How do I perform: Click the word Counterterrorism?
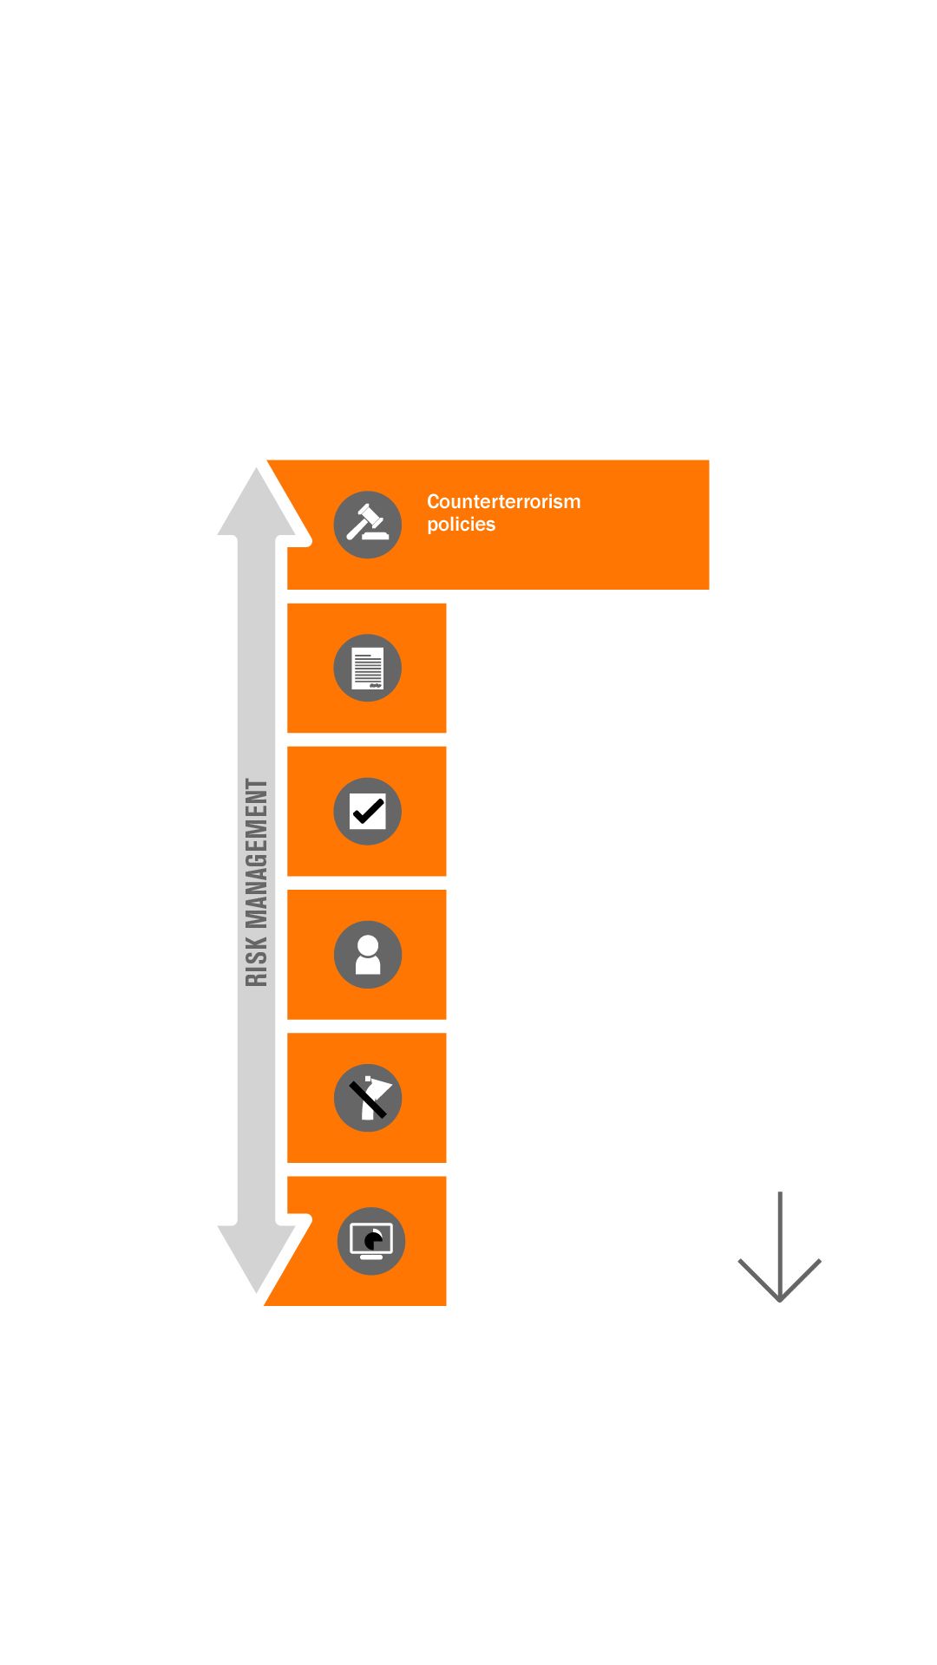[503, 501]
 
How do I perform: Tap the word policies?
[461, 525]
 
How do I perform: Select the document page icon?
[368, 668]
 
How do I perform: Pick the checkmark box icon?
[368, 812]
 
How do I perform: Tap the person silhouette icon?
[368, 955]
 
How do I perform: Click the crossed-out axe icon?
[368, 1098]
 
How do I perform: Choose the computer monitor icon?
[371, 1241]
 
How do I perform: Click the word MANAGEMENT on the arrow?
[257, 853]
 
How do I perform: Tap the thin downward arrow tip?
[780, 1301]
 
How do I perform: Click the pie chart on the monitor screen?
[373, 1241]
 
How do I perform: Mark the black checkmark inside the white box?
[368, 812]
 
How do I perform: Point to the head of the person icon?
[368, 945]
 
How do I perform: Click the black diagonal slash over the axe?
[368, 1100]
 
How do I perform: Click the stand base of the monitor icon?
[371, 1257]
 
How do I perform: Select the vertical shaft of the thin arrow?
[780, 1246]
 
